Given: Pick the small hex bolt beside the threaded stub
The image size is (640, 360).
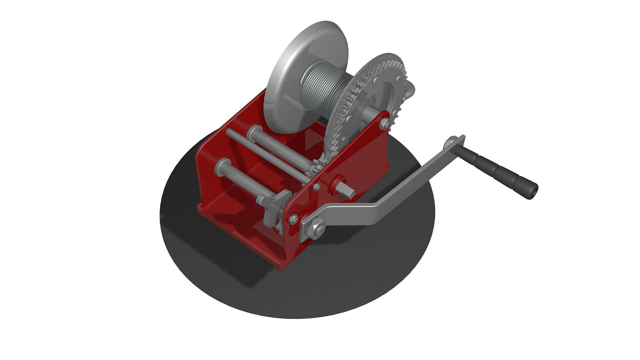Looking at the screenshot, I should click(x=316, y=187).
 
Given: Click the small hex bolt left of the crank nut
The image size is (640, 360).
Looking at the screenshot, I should click(x=294, y=219).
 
